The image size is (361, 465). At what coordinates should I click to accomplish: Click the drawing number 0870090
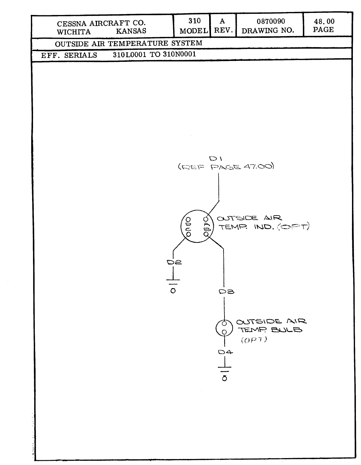tap(271, 21)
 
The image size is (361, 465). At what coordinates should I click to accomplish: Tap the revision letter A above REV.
tap(222, 21)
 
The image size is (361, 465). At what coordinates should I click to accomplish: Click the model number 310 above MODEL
tap(194, 21)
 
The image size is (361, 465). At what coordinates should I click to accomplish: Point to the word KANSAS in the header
tap(131, 31)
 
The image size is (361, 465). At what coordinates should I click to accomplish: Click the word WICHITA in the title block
tap(74, 32)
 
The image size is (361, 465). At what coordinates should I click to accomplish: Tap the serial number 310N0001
tap(179, 54)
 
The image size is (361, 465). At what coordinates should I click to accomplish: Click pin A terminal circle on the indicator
tap(206, 219)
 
